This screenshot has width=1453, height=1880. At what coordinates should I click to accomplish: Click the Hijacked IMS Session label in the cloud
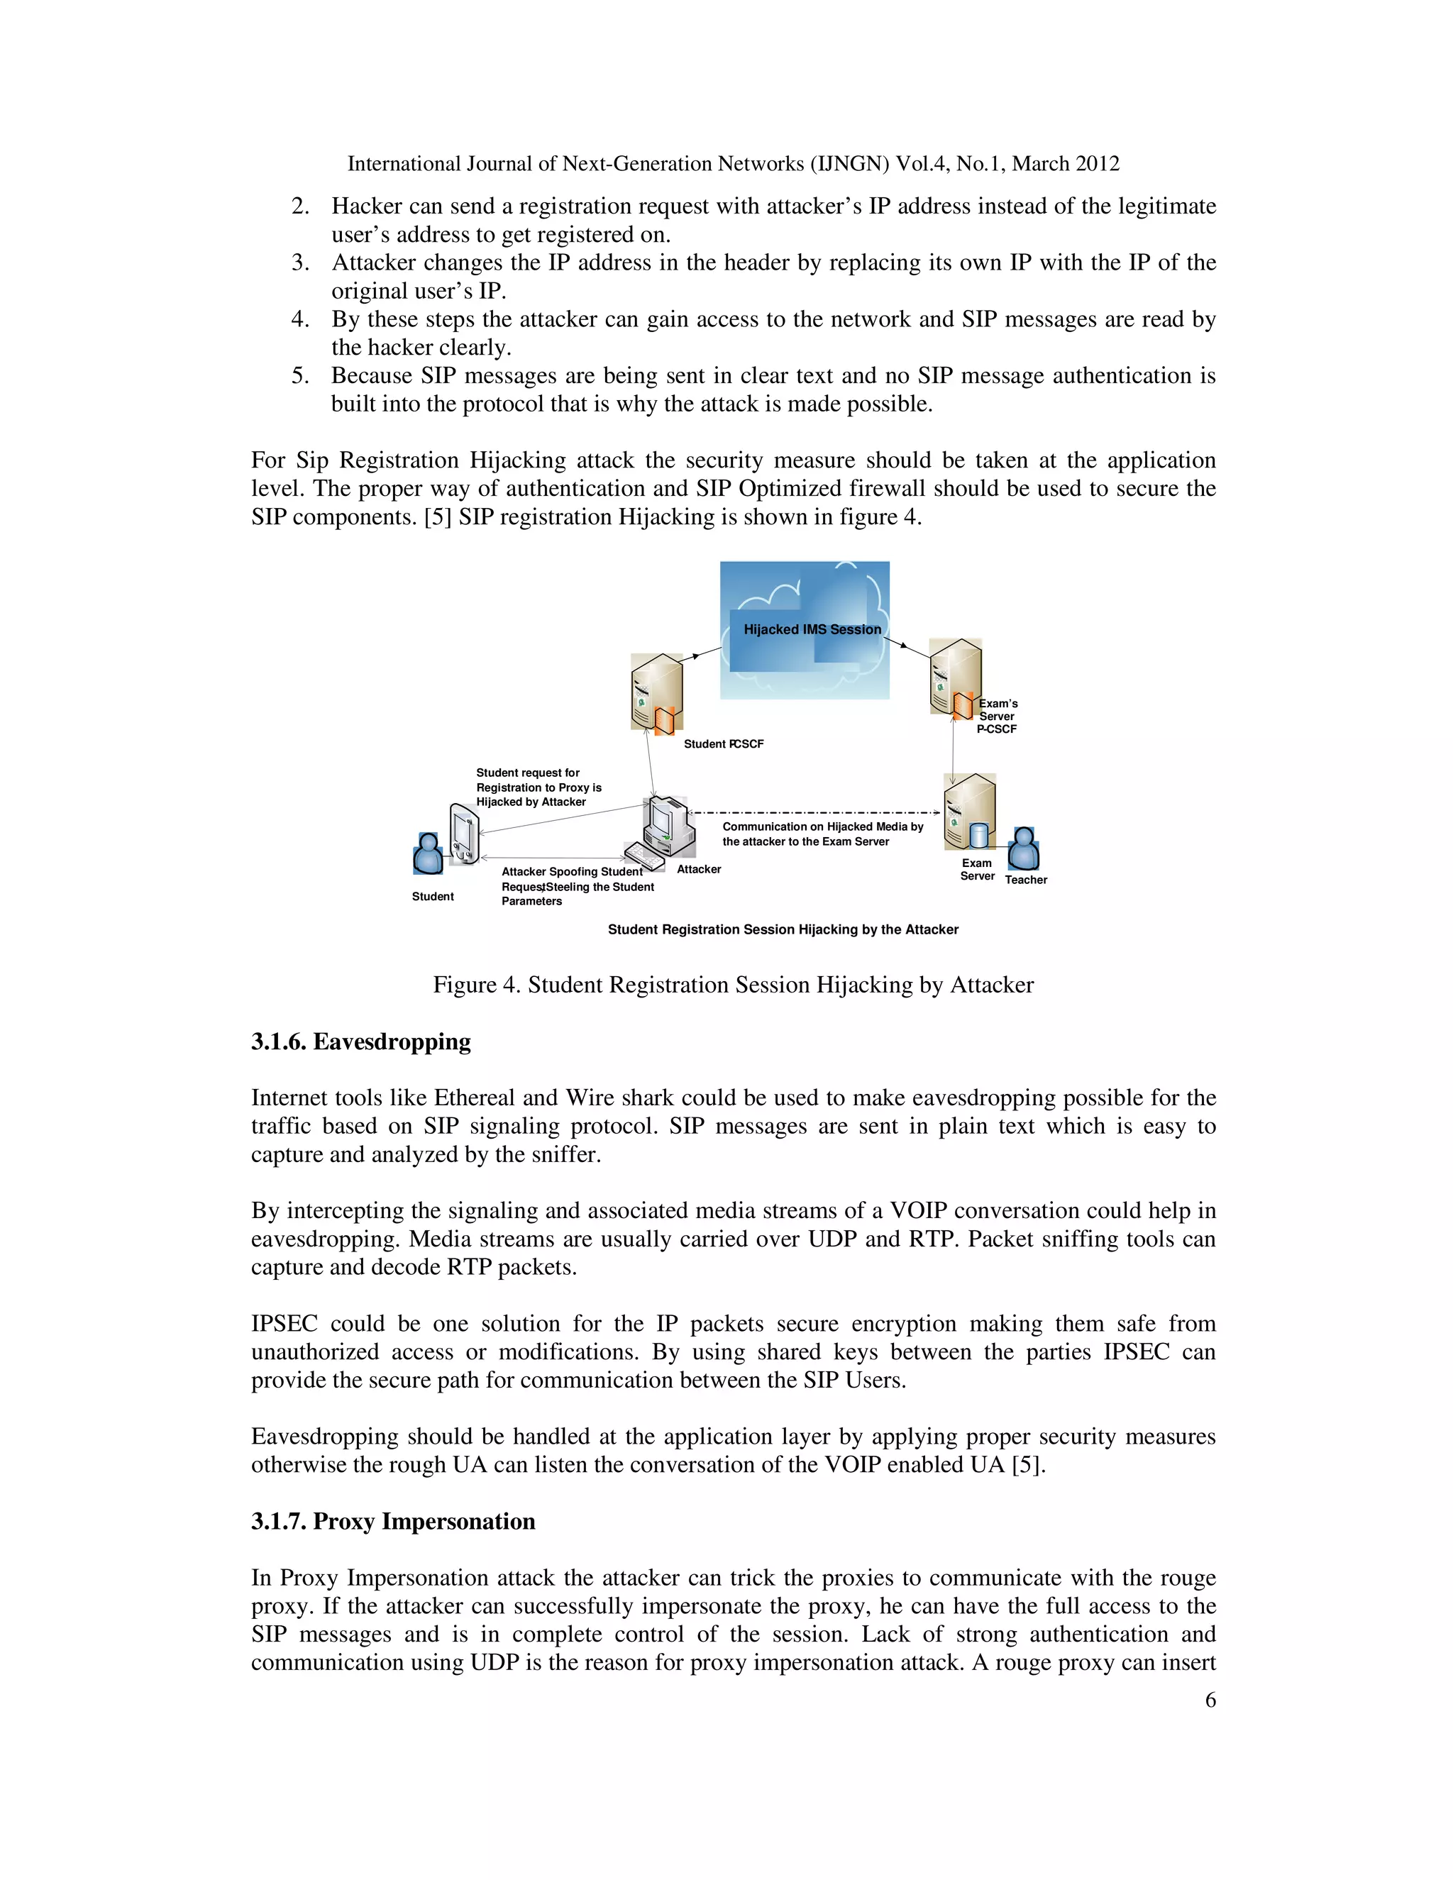(x=812, y=629)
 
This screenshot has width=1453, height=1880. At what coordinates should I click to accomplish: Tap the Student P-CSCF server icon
(x=658, y=694)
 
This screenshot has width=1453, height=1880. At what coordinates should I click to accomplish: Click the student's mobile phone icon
(x=464, y=834)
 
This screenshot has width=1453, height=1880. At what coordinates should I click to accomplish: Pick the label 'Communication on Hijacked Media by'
(x=822, y=826)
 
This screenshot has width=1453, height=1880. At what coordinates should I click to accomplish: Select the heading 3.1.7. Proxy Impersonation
(x=392, y=1521)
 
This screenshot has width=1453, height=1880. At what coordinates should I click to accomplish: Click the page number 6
(x=1210, y=1700)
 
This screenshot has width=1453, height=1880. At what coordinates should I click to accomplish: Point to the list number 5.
(x=299, y=375)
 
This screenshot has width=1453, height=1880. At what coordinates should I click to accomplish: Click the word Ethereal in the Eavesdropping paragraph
(x=475, y=1097)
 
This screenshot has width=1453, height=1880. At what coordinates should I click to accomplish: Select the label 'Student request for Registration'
(x=528, y=773)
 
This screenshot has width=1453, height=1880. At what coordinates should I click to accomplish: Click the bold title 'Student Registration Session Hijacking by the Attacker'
(x=783, y=929)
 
